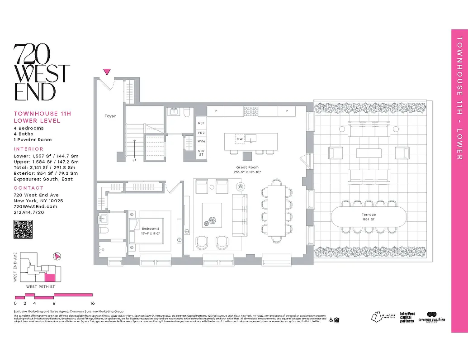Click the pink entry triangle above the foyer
pos(107,71)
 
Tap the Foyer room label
pos(110,116)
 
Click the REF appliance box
pos(201,123)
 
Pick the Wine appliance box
pos(201,141)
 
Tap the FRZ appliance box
pos(201,133)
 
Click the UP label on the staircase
pos(134,160)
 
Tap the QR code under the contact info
pos(23,229)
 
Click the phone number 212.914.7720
pos(29,212)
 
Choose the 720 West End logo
pos(42,72)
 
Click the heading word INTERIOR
pos(28,149)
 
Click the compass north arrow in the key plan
pos(57,256)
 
